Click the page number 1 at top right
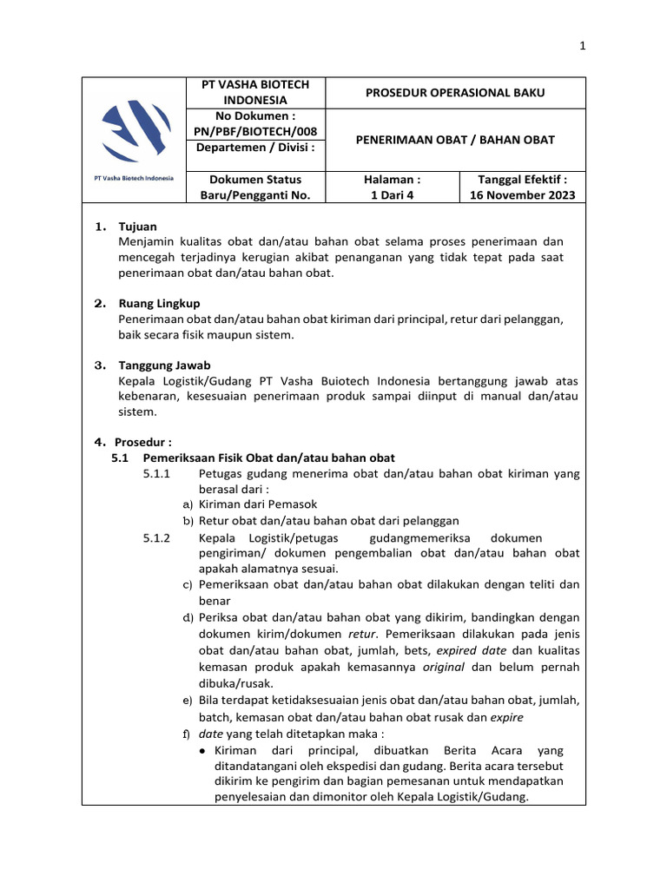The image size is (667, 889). point(583,47)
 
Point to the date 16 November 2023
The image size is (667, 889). point(523,195)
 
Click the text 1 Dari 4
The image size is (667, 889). point(394,195)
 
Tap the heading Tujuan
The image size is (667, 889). point(137,227)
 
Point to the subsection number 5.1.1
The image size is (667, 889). point(156,473)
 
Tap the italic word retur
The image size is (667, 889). point(361,634)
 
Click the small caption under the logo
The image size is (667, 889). point(133,178)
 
